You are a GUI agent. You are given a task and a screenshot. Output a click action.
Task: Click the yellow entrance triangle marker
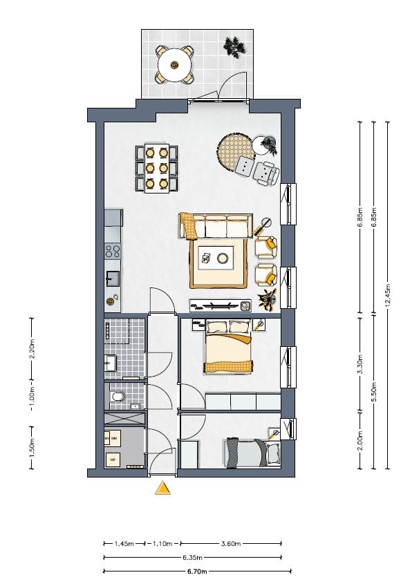162,489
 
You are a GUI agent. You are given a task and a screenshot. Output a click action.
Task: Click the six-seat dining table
157,168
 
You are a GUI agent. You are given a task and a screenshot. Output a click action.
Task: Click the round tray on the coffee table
223,258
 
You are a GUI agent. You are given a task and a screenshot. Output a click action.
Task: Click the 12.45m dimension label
387,295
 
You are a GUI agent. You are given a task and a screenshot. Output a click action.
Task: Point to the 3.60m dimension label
231,544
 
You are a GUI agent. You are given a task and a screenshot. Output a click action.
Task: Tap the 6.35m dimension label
194,558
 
